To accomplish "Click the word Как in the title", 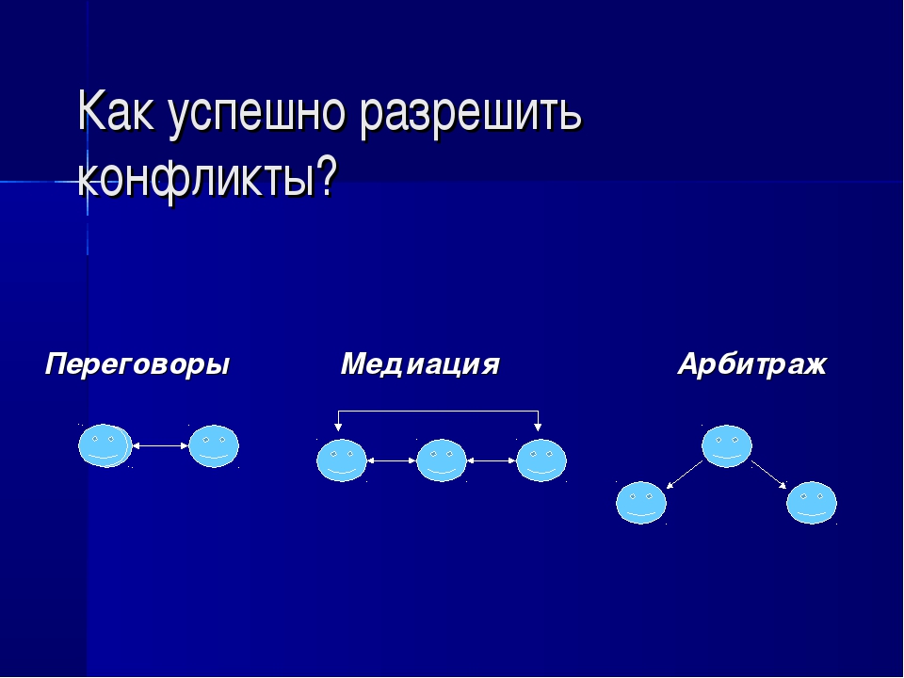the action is coord(116,111).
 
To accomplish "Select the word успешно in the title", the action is coord(256,115).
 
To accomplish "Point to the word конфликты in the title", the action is coord(196,179).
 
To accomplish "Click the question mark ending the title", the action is coord(325,176).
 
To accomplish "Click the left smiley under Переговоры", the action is coord(105,445).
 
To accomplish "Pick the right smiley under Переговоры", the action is coord(214,445).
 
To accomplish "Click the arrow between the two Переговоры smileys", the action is coord(160,445).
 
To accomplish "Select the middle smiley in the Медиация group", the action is coord(441,460).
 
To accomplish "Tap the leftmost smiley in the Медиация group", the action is coord(342,460).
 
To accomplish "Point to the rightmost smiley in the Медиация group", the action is coord(541,460).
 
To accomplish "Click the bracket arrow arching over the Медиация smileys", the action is coord(438,412).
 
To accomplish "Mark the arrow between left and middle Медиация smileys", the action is coord(392,460).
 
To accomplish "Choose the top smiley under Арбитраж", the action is coord(726,445).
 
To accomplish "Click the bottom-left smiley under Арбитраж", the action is coord(641,502).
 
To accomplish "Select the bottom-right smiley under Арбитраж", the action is coord(812,502).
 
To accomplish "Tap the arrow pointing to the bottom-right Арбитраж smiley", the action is coord(768,475).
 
